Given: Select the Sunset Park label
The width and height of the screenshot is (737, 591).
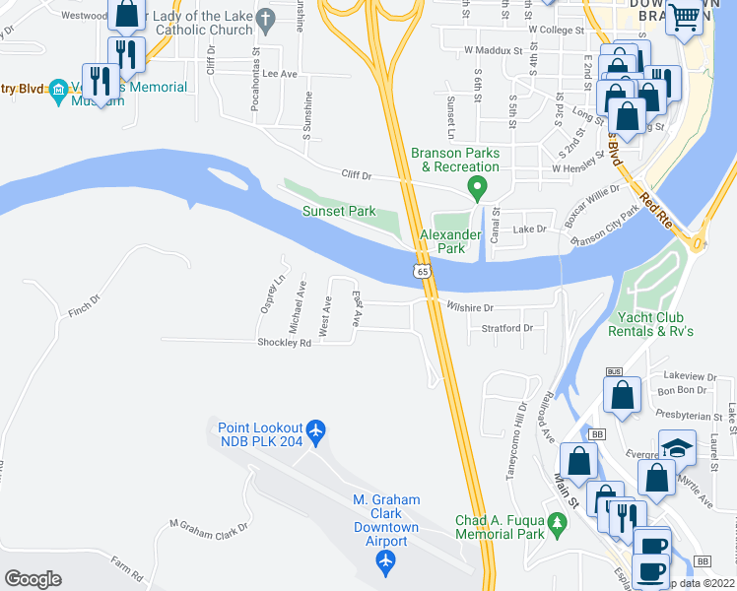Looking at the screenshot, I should [339, 211].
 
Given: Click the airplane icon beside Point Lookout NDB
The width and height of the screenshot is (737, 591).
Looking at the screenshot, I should [315, 430].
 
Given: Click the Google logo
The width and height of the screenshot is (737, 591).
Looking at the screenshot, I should [33, 579].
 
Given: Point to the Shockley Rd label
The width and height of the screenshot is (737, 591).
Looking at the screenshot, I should [284, 343].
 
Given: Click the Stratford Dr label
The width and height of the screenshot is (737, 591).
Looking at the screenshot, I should [508, 327].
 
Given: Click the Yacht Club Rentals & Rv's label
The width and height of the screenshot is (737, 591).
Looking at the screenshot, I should [654, 324].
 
